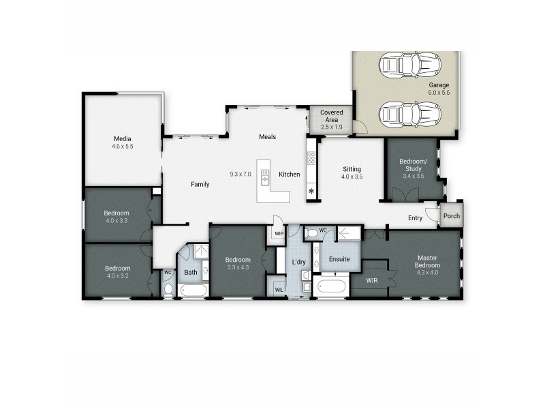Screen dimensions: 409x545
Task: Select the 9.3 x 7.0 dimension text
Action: coord(240,174)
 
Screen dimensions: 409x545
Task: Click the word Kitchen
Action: coord(289,175)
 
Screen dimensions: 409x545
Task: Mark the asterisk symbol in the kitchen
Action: coord(312,192)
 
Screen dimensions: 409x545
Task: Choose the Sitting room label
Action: coord(352,168)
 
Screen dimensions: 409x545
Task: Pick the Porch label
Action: coord(451,216)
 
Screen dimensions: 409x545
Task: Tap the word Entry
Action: coord(415,218)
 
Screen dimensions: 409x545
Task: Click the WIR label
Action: coord(371,280)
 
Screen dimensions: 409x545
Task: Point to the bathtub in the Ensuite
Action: coord(332,286)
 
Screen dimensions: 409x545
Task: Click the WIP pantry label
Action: coord(278,233)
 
